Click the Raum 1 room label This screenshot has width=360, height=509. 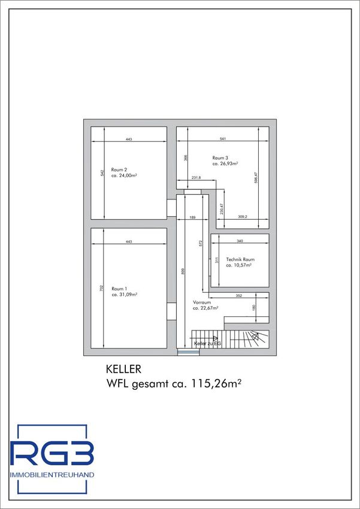click(x=119, y=289)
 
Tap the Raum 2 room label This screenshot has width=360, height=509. click(x=119, y=169)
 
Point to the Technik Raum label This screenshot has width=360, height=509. click(x=240, y=259)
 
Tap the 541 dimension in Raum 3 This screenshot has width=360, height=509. click(x=222, y=139)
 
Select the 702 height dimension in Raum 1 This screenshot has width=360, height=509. click(x=101, y=287)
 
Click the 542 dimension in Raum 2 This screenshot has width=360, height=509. click(x=102, y=173)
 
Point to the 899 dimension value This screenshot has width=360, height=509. click(x=183, y=271)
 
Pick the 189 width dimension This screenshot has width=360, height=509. click(x=192, y=217)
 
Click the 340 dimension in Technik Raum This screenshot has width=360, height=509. click(x=240, y=241)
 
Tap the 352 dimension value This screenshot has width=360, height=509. click(x=240, y=296)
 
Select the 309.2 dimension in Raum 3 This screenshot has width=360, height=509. click(x=243, y=217)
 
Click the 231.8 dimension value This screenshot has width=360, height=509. click(x=196, y=178)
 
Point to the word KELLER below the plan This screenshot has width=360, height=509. click(x=123, y=369)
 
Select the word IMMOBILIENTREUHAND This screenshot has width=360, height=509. click(x=52, y=475)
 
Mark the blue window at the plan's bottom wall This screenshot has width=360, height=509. click(x=188, y=352)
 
